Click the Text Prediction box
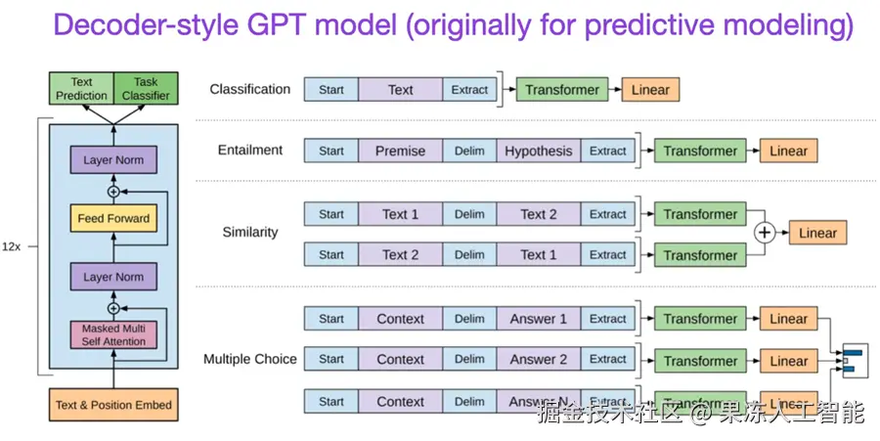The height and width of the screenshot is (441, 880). [x=81, y=89]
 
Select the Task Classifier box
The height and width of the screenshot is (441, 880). [x=146, y=89]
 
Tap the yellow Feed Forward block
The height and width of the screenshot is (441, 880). [x=113, y=218]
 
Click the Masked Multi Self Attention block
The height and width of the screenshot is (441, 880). [x=113, y=335]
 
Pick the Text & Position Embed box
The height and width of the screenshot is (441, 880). [x=113, y=405]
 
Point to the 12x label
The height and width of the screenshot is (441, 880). [x=14, y=247]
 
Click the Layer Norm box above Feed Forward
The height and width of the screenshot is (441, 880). [x=113, y=159]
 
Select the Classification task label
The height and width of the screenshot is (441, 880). [x=249, y=89]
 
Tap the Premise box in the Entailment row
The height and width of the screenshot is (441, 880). [x=400, y=151]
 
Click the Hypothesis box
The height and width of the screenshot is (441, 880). [x=538, y=151]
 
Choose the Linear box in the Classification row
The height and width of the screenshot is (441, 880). [x=650, y=90]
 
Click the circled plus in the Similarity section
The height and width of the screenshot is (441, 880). [x=764, y=233]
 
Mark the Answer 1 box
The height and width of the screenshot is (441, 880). [x=538, y=319]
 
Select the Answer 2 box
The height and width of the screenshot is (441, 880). [x=538, y=360]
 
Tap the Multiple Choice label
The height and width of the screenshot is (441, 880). [x=249, y=359]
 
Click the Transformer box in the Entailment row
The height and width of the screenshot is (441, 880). [x=700, y=152]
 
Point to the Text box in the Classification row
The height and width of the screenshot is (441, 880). [x=400, y=90]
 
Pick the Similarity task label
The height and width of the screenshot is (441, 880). [x=249, y=233]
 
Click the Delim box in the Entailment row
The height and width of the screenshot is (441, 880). [x=469, y=151]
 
